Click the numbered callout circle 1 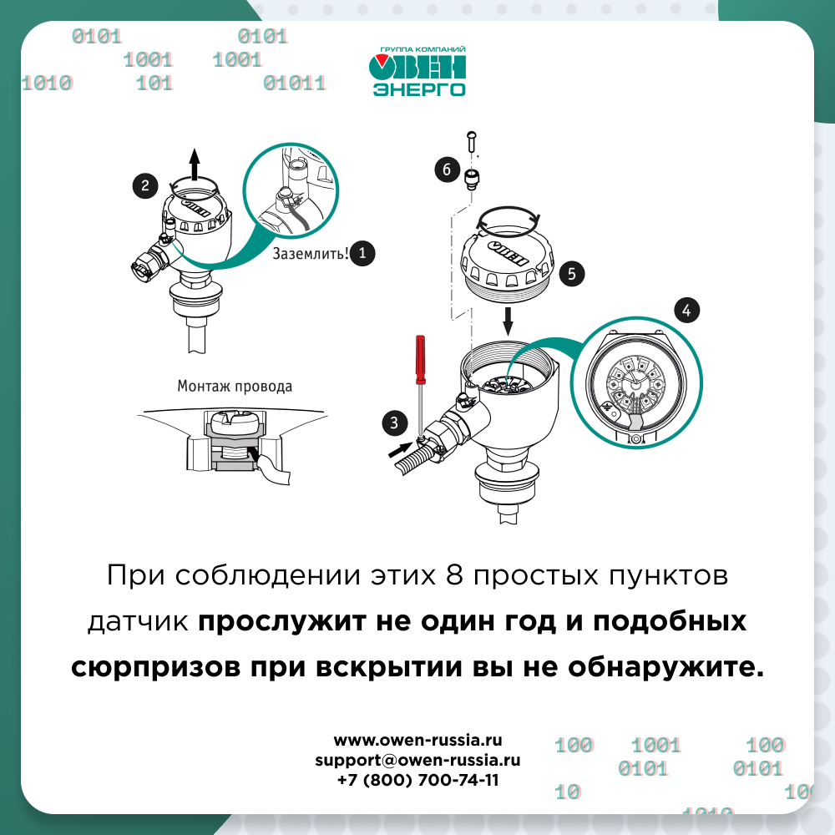[362, 253]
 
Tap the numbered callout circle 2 [145, 186]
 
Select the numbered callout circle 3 [395, 423]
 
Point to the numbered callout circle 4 [686, 310]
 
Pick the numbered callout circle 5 [572, 274]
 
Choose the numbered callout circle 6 [447, 170]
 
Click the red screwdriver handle [420, 359]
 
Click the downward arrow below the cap [508, 320]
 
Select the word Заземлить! [311, 254]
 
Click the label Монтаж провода [235, 386]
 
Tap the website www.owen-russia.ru [418, 740]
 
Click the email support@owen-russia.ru [417, 760]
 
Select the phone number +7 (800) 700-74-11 [418, 780]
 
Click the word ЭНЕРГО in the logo [419, 89]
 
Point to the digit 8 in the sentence [454, 575]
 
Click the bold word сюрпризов [155, 668]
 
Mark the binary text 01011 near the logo [295, 83]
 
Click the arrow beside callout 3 [400, 450]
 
